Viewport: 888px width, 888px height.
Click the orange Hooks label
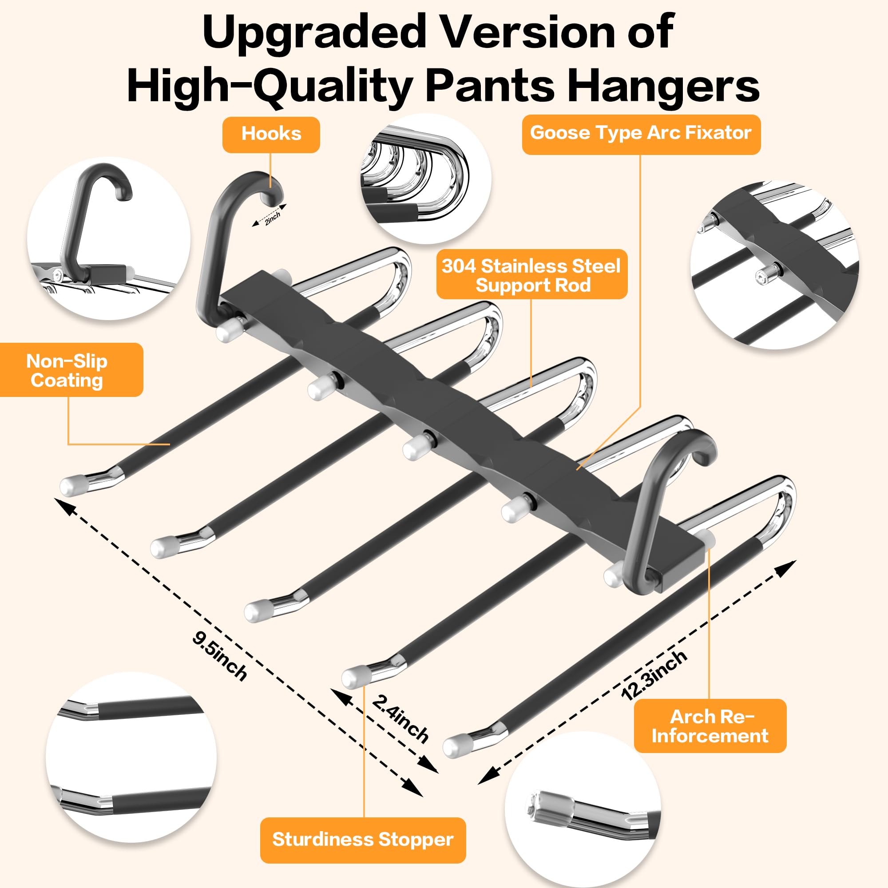(271, 134)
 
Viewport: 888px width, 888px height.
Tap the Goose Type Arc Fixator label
(641, 133)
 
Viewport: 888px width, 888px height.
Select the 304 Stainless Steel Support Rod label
(531, 275)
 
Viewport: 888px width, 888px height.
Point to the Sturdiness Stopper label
(363, 839)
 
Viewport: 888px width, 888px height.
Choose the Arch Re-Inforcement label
(710, 726)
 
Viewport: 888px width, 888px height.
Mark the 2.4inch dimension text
(400, 719)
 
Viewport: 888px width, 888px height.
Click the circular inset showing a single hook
(108, 238)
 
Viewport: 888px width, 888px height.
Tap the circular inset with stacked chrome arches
(426, 178)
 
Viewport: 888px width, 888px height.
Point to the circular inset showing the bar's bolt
(774, 265)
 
